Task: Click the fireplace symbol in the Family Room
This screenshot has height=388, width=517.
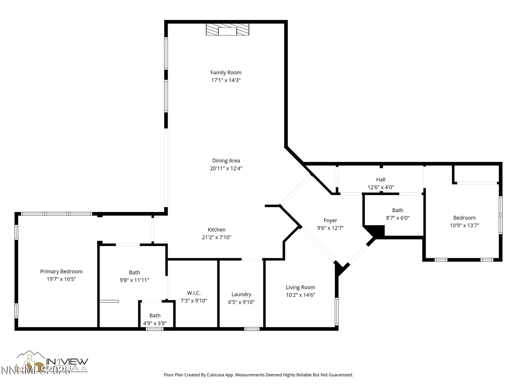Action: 227,29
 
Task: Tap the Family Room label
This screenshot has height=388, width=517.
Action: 226,73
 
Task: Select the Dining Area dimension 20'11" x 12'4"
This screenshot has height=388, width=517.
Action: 226,168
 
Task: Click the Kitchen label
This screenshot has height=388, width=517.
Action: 216,230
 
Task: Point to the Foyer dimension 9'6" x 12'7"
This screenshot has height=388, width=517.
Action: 330,228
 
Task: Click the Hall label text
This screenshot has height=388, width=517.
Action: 381,180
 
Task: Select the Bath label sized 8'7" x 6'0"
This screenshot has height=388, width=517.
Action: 397,210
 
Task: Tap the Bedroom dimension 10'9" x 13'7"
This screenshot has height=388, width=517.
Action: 464,225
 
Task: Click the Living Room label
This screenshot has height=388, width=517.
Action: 300,287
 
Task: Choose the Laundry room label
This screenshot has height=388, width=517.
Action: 241,294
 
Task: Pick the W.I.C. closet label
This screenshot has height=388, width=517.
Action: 194,293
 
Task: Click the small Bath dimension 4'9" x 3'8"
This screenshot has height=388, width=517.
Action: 155,323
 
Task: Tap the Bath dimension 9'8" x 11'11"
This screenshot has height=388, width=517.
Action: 134,280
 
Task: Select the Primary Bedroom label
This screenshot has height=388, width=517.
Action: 61,272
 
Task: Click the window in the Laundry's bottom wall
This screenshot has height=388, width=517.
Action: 252,329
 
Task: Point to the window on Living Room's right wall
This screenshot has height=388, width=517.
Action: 337,311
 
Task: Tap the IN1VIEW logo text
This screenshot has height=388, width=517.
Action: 67,361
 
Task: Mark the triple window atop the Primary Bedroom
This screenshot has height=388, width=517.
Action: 56,214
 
